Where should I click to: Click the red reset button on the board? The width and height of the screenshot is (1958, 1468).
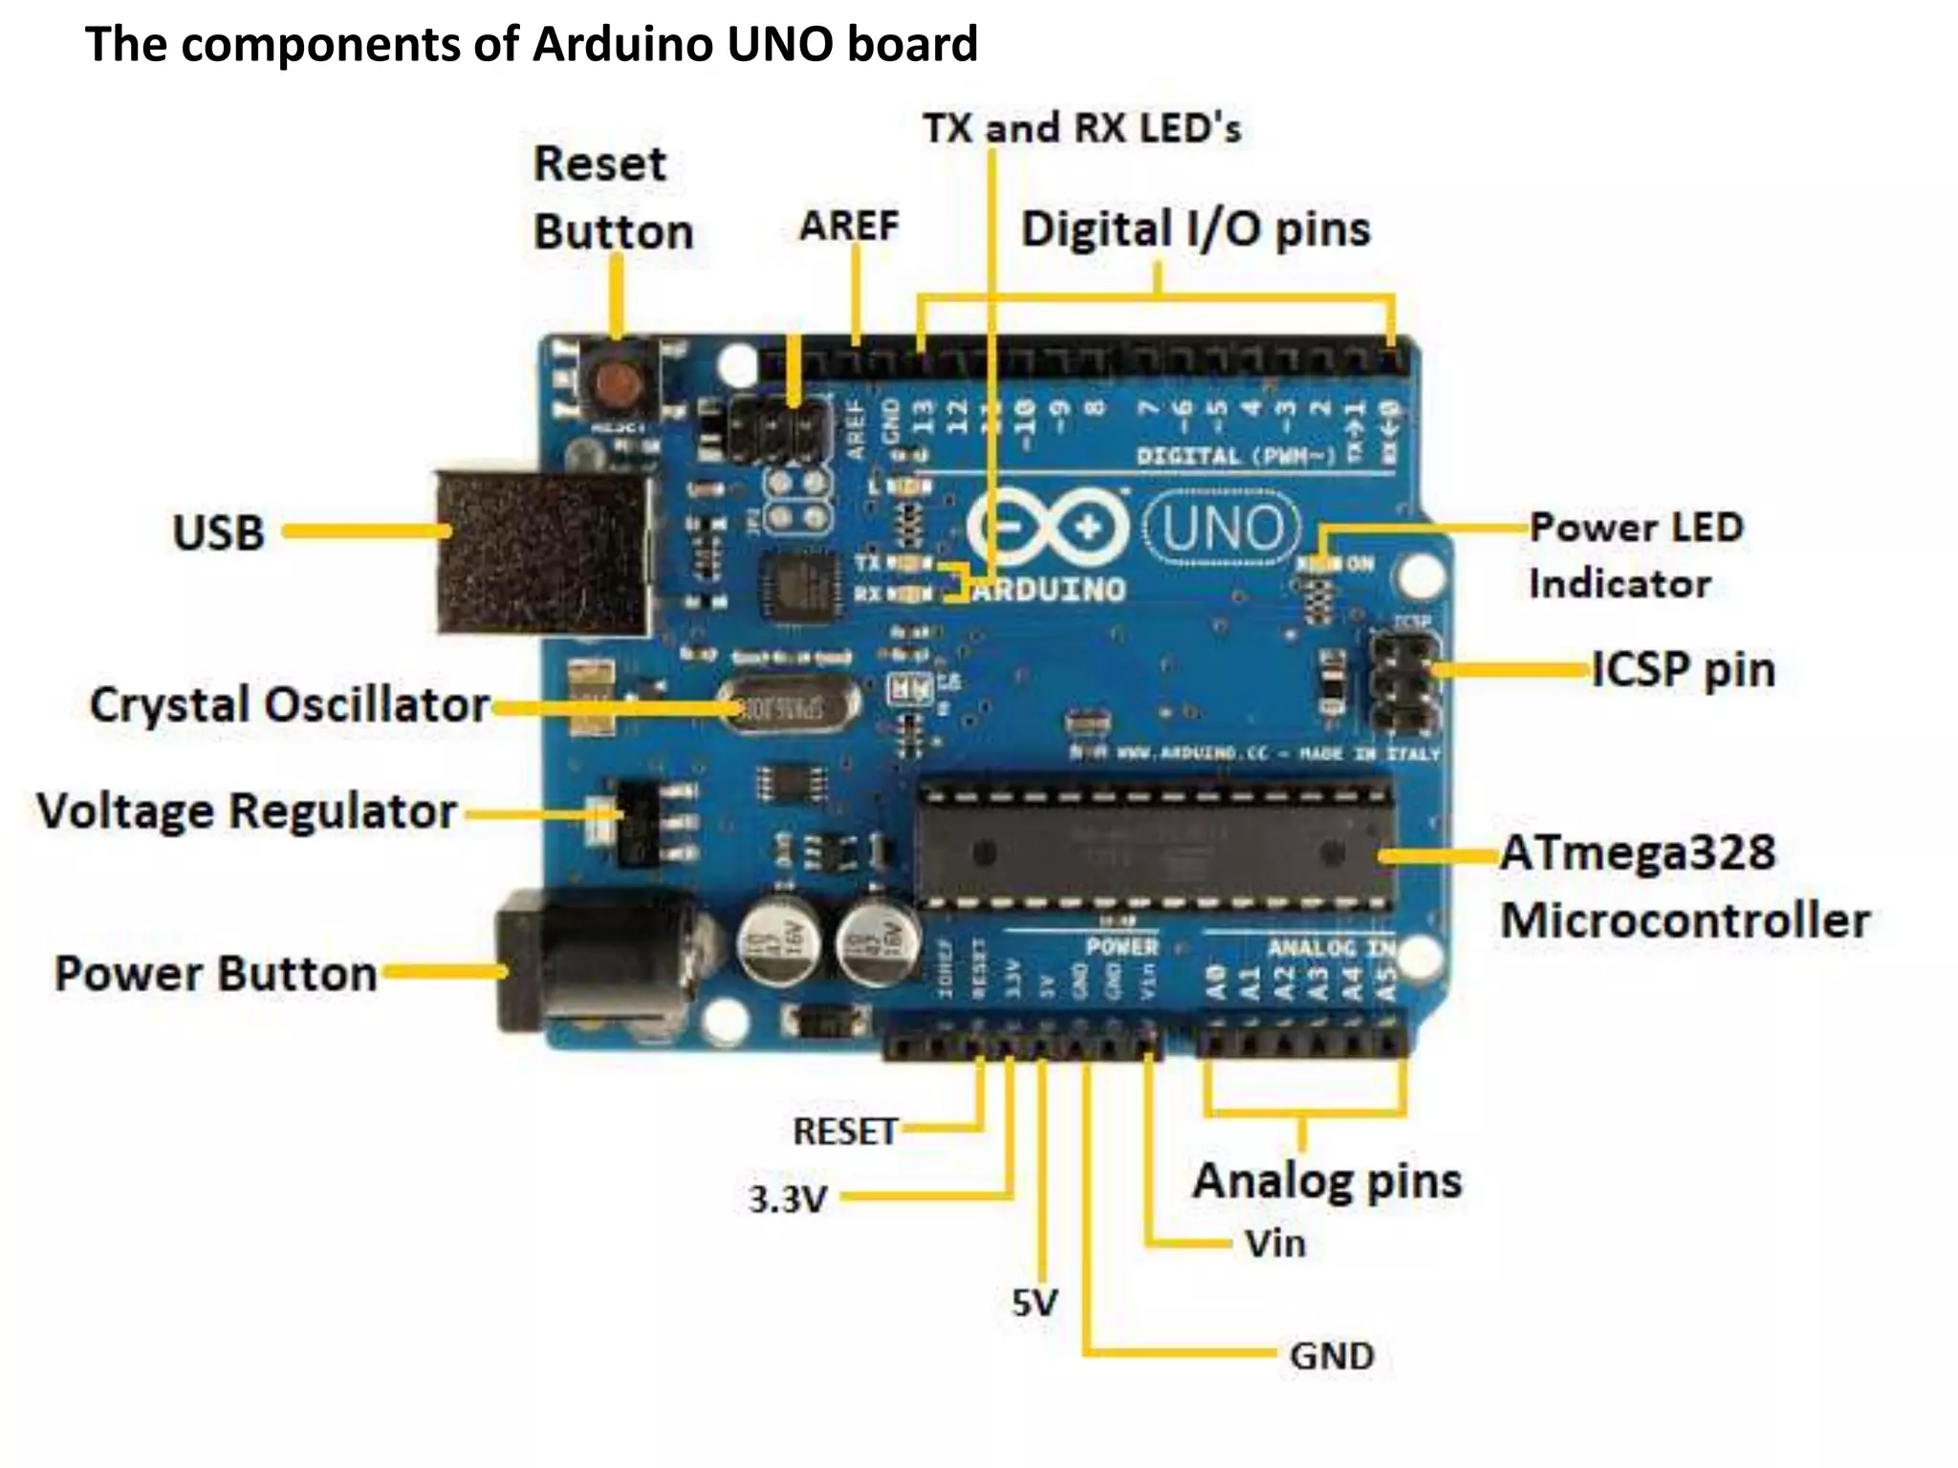[620, 383]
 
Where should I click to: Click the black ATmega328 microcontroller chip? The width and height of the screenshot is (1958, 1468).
[1152, 844]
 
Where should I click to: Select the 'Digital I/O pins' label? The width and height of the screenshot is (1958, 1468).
[1195, 230]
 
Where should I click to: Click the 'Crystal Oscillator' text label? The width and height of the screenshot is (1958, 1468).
[289, 705]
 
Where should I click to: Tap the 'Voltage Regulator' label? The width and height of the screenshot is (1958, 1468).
[246, 812]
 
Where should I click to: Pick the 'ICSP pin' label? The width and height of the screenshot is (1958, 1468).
[1683, 669]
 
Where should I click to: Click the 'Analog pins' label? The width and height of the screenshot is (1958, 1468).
[1327, 1181]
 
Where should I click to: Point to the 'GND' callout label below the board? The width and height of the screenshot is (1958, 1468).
[1331, 1355]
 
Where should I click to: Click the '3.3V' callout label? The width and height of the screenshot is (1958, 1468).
[786, 1198]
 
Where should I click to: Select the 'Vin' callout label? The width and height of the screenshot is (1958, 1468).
[1274, 1243]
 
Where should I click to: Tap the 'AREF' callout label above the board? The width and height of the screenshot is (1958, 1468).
[849, 227]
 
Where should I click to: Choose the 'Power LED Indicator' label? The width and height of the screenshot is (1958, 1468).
[1635, 555]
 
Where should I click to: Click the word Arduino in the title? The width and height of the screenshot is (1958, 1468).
[623, 44]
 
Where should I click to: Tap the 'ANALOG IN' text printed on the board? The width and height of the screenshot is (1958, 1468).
[1330, 948]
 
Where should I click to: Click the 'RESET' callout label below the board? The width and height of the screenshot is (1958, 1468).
[843, 1132]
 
